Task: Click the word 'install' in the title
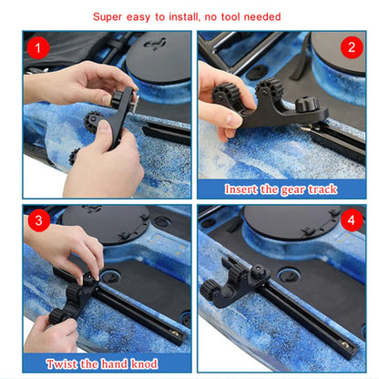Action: (185, 16)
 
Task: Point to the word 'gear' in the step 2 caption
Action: (293, 189)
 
